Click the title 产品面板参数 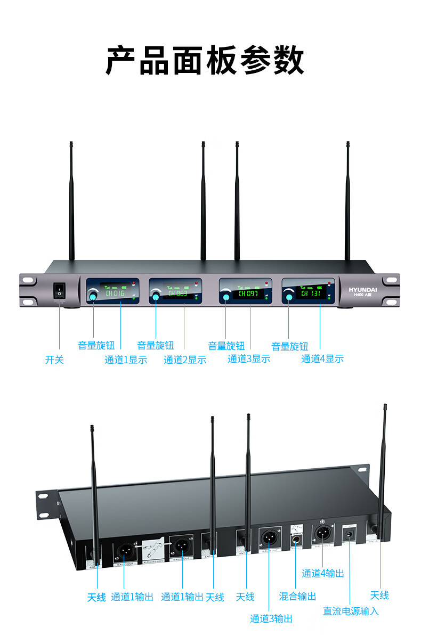pyautogui.click(x=205, y=60)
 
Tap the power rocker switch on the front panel pyautogui.click(x=59, y=291)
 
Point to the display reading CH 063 pyautogui.click(x=178, y=293)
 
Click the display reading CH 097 pyautogui.click(x=248, y=293)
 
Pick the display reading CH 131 pyautogui.click(x=311, y=292)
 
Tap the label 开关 pyautogui.click(x=54, y=360)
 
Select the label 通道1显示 pyautogui.click(x=126, y=360)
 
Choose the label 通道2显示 pyautogui.click(x=185, y=360)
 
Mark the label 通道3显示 pyautogui.click(x=249, y=359)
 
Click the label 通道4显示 pyautogui.click(x=322, y=359)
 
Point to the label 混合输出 pyautogui.click(x=297, y=596)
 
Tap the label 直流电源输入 pyautogui.click(x=351, y=611)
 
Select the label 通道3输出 pyautogui.click(x=271, y=619)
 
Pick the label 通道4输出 pyautogui.click(x=323, y=573)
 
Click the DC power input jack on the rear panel pyautogui.click(x=350, y=535)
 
